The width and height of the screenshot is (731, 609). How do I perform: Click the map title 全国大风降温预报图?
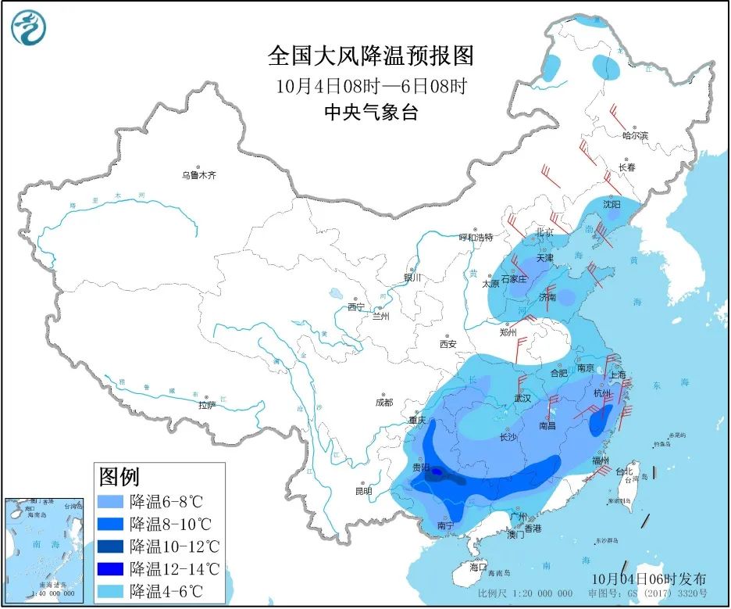pyautogui.click(x=370, y=56)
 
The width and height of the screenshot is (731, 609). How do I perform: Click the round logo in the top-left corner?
pyautogui.click(x=29, y=27)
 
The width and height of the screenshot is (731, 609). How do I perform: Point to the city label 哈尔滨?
pyautogui.click(x=635, y=136)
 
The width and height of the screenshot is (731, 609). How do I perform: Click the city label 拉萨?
pyautogui.click(x=206, y=405)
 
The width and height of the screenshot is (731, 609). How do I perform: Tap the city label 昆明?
pyautogui.click(x=364, y=491)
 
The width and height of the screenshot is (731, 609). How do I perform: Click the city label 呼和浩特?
pyautogui.click(x=476, y=237)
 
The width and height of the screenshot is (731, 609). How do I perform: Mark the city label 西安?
pyautogui.click(x=448, y=344)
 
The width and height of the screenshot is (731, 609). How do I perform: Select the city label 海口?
pyautogui.click(x=478, y=565)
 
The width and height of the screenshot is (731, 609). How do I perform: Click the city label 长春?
pyautogui.click(x=627, y=167)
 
